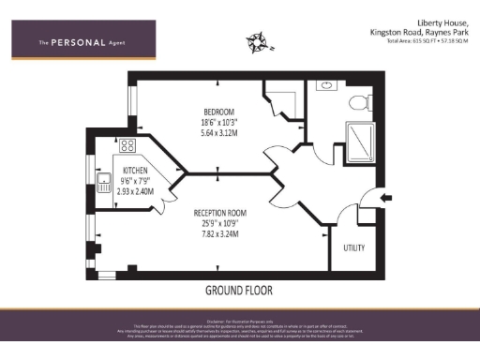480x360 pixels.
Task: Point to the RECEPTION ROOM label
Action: [219, 213]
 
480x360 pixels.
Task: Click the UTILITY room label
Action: [354, 247]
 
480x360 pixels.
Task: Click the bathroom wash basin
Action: [326, 85]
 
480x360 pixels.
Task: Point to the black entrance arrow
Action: [385, 198]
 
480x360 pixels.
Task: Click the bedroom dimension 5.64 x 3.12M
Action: [193, 133]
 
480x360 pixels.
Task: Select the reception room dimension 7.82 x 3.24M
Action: [219, 233]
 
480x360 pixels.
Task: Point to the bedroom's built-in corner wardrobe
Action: [281, 96]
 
